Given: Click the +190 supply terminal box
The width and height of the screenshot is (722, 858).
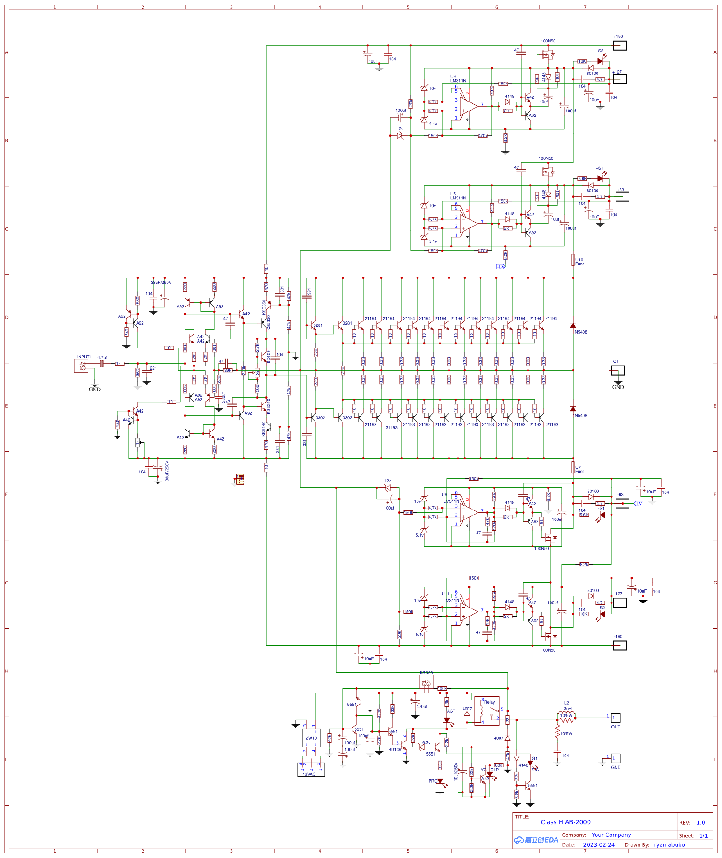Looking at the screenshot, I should pyautogui.click(x=620, y=46).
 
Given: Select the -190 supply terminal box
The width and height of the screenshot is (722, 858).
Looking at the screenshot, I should pyautogui.click(x=620, y=646).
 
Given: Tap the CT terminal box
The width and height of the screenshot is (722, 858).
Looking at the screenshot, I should pyautogui.click(x=618, y=371).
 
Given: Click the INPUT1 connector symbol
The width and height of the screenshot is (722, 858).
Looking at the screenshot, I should pyautogui.click(x=81, y=366).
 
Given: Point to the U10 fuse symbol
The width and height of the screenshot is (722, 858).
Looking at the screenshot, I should pyautogui.click(x=573, y=260).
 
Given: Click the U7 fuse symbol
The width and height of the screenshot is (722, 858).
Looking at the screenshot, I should pyautogui.click(x=573, y=468).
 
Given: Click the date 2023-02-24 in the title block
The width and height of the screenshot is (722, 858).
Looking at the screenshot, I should pyautogui.click(x=598, y=845).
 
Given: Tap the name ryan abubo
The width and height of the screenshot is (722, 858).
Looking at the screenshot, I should pyautogui.click(x=669, y=845).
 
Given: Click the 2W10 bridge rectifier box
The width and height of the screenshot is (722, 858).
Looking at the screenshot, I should pyautogui.click(x=311, y=738).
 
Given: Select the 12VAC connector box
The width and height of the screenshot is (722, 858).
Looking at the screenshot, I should pyautogui.click(x=311, y=770).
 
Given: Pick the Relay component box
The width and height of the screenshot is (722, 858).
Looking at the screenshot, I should pyautogui.click(x=486, y=711).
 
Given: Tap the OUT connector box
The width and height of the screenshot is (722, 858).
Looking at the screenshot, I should pyautogui.click(x=616, y=718).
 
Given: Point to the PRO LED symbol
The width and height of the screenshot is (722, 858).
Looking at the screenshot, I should pyautogui.click(x=440, y=781).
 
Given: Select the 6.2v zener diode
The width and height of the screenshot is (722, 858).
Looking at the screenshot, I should pyautogui.click(x=421, y=747).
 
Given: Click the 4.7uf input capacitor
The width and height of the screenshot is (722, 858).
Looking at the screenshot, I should pyautogui.click(x=102, y=363).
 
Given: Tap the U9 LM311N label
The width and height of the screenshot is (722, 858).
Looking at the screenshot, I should pyautogui.click(x=458, y=79).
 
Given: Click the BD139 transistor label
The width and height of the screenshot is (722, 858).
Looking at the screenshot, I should pyautogui.click(x=395, y=750).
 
